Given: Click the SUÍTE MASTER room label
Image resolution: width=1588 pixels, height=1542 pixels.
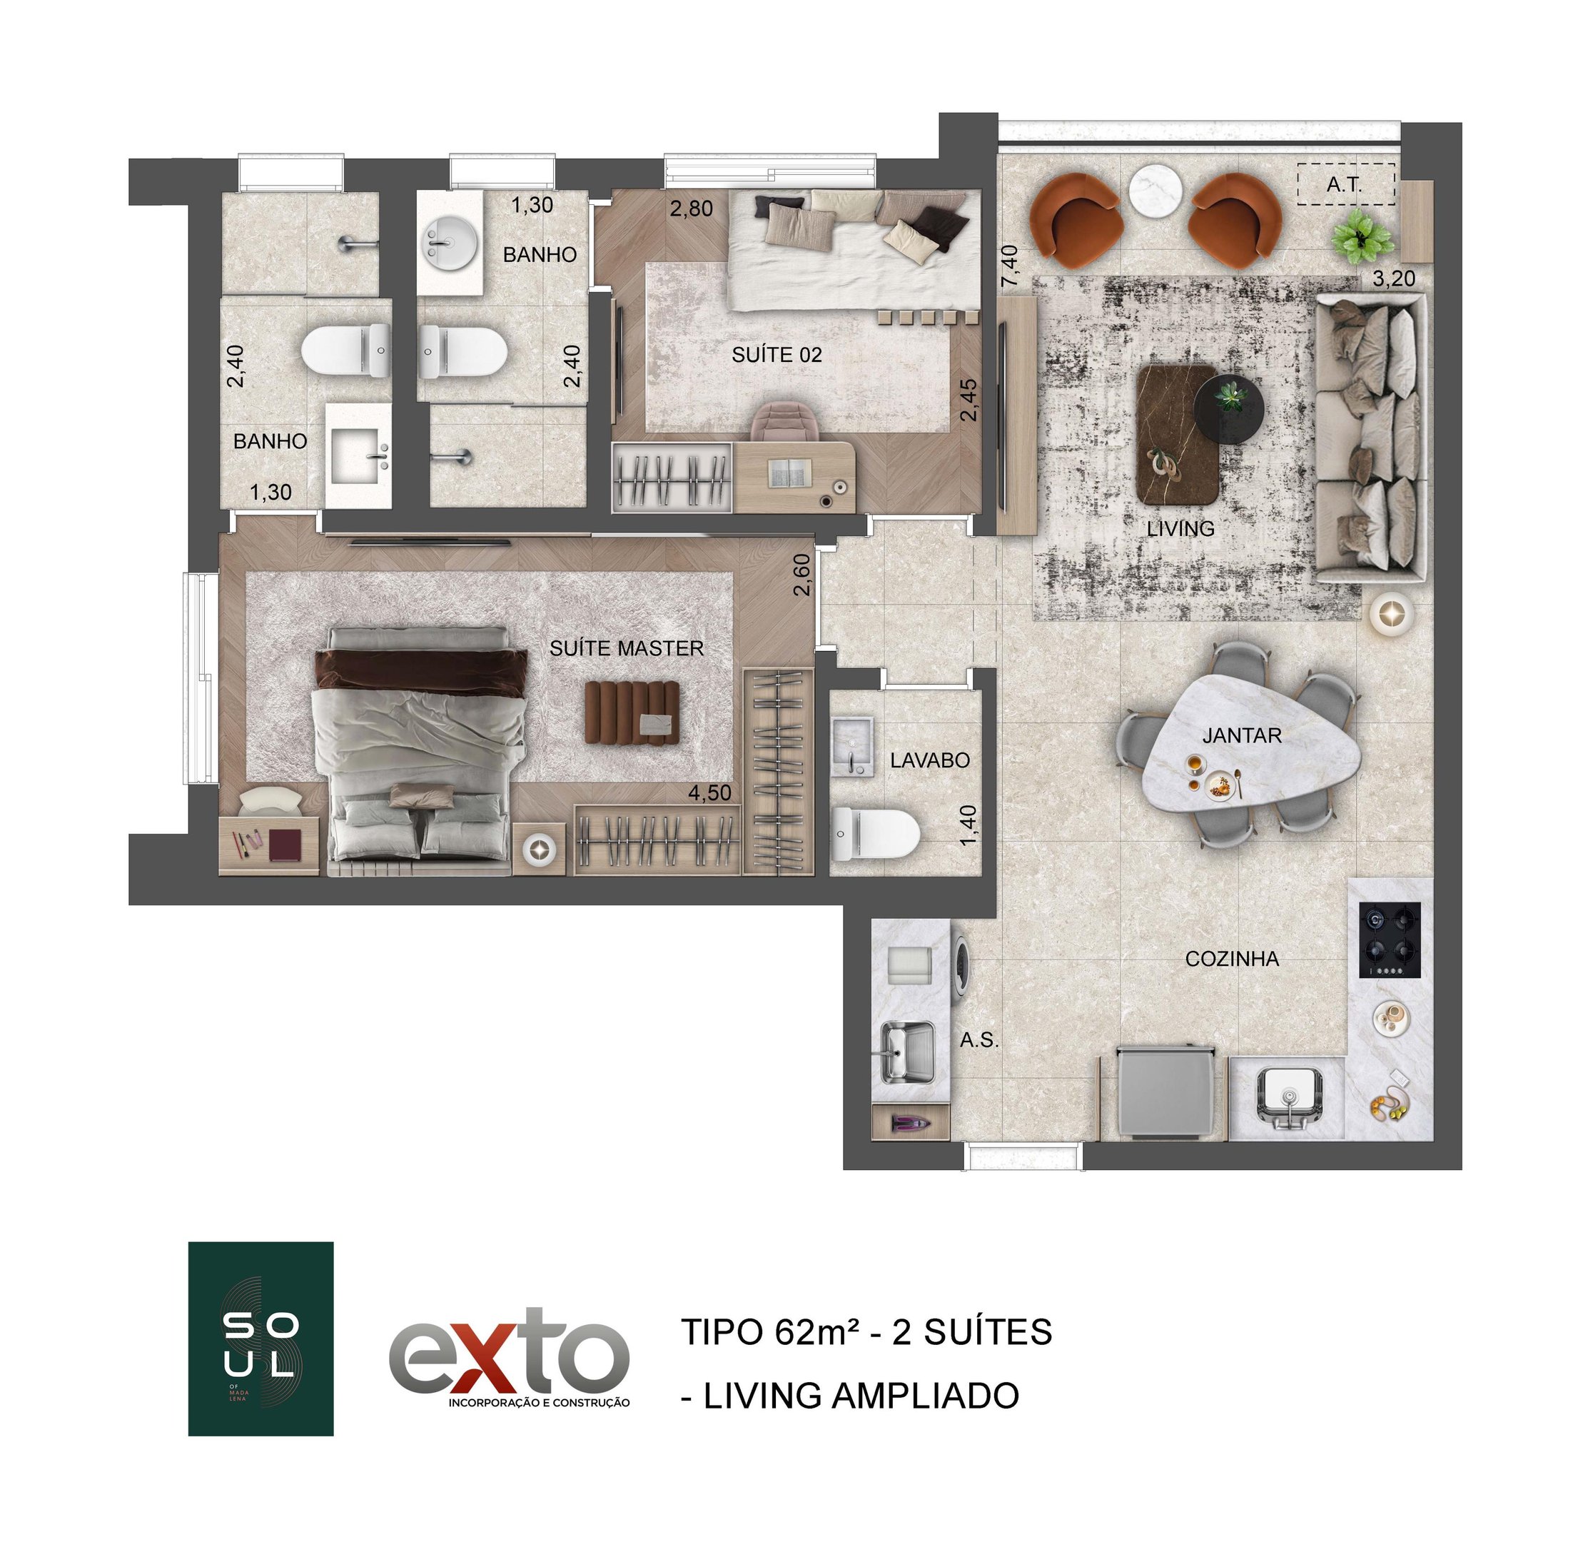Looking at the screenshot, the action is click(x=627, y=648).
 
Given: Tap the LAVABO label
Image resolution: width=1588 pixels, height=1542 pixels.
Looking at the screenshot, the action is click(x=930, y=760).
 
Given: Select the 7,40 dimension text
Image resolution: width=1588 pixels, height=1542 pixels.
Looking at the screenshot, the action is click(x=1011, y=266).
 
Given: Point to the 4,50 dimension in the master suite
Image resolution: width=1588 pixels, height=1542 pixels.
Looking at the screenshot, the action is click(x=709, y=792).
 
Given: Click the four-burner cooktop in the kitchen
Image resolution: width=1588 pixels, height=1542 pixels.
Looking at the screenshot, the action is click(x=1390, y=940).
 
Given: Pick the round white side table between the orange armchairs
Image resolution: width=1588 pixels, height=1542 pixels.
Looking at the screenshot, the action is click(x=1156, y=191).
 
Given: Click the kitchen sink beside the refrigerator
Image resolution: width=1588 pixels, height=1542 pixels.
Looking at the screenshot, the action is click(x=1288, y=1098).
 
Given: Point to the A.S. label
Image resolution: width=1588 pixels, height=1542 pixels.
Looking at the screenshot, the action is click(x=978, y=1039).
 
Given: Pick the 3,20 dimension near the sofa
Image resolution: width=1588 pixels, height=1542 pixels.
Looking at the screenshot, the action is click(x=1394, y=278).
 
